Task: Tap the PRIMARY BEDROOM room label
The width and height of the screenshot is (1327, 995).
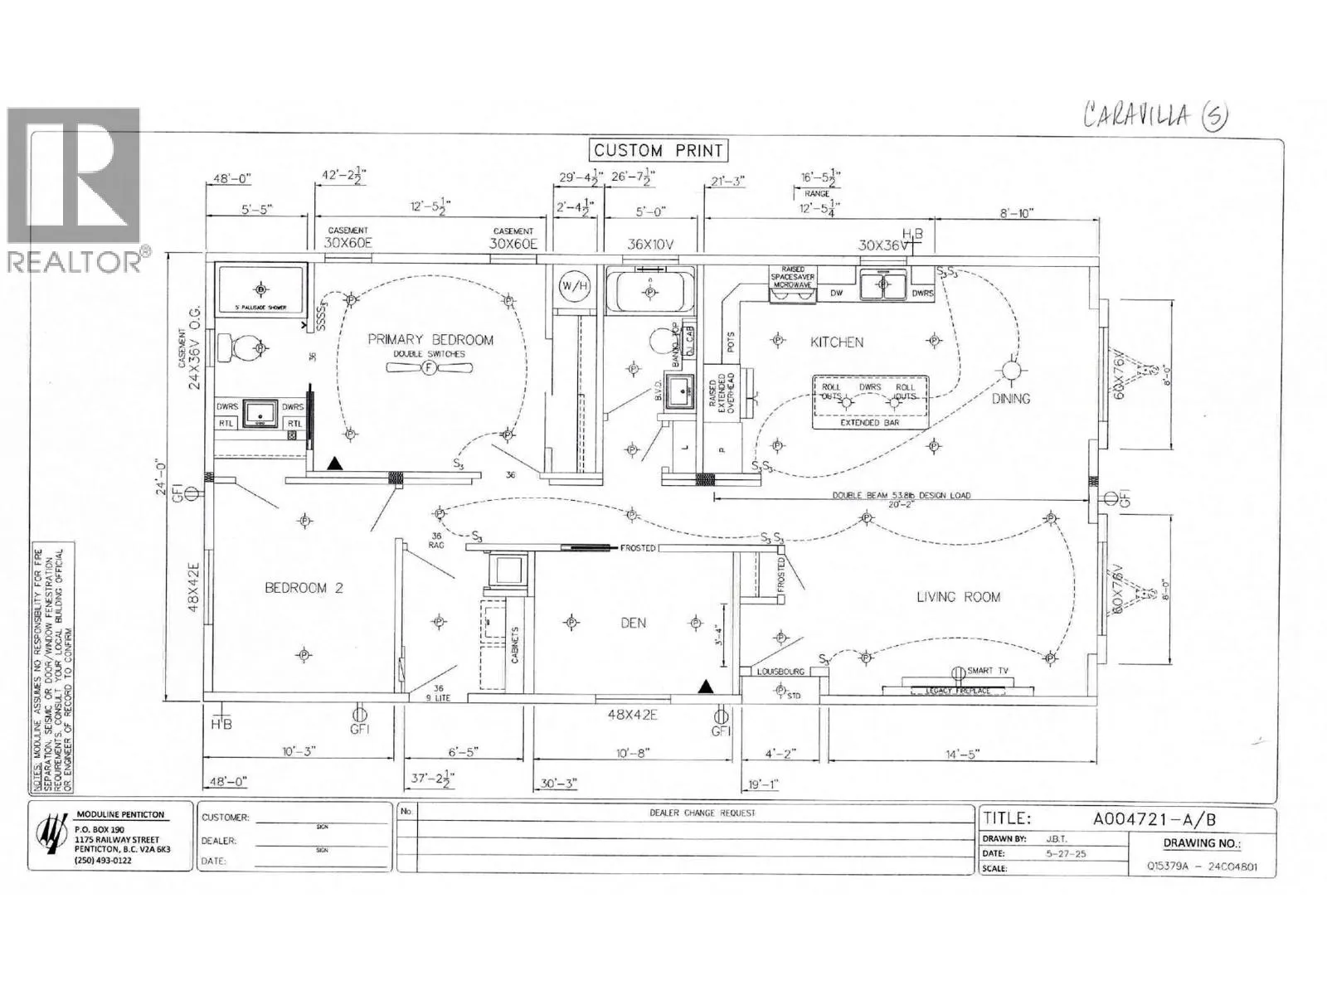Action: tap(430, 340)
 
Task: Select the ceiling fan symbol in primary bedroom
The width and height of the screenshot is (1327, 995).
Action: tap(429, 368)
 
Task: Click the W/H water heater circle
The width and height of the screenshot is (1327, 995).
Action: tap(572, 286)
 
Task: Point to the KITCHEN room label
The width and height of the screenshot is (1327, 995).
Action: tap(837, 342)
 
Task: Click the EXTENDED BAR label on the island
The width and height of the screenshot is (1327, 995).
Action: tap(869, 423)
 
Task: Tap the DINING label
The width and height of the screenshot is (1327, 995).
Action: tap(1011, 399)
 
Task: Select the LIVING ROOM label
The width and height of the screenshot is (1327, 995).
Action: tap(958, 597)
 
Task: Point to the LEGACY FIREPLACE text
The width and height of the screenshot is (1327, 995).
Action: tap(958, 691)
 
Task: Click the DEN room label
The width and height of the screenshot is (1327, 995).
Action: tap(633, 623)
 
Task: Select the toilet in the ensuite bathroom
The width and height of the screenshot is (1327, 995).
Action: tap(240, 348)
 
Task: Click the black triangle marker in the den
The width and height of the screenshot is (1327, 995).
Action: tap(706, 686)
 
